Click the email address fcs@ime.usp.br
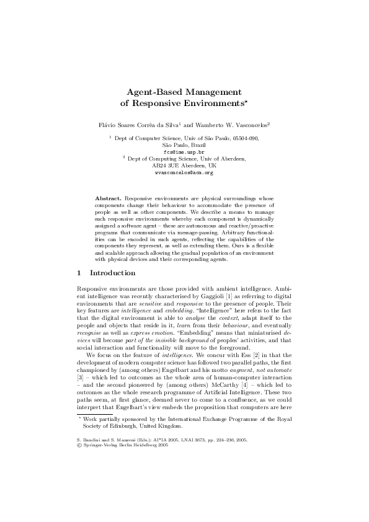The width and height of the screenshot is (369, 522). pyautogui.click(x=184, y=151)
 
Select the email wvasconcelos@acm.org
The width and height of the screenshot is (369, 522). pyautogui.click(x=184, y=173)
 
